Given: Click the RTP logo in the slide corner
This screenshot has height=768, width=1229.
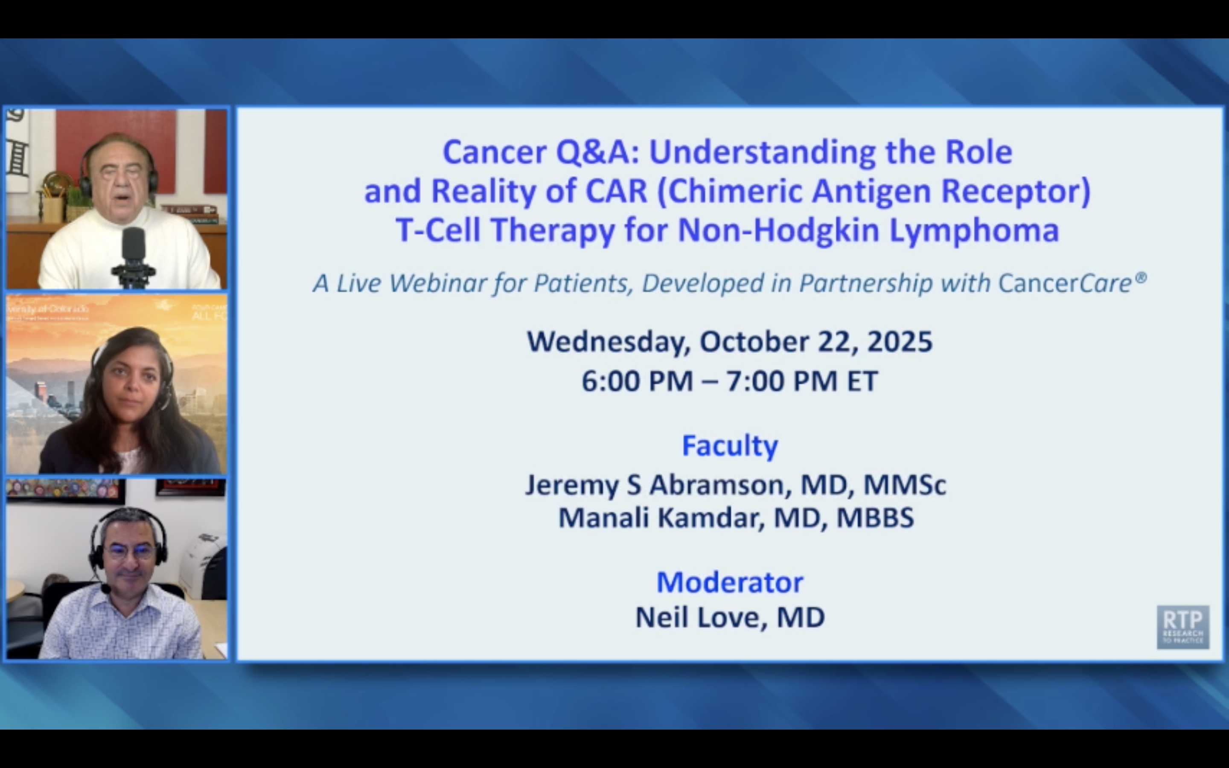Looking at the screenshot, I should [1182, 626].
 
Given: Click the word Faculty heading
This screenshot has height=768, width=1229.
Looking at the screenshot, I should [729, 445].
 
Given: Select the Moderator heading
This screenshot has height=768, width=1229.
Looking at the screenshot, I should [729, 582].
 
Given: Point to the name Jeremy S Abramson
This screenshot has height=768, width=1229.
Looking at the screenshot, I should [655, 485].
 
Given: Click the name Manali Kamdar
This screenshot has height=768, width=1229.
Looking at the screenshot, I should [660, 518].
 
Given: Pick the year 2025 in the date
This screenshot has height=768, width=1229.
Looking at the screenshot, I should [900, 341].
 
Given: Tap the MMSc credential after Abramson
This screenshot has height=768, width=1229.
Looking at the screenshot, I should [905, 485].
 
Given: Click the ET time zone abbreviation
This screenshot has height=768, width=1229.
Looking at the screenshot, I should [862, 381].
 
